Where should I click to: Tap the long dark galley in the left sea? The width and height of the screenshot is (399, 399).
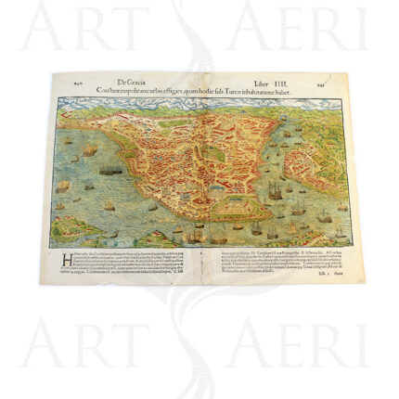[x=109, y=170]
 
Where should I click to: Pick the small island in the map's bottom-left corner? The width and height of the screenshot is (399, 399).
[x=72, y=232]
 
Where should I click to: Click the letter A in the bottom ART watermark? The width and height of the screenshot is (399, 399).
[x=41, y=347]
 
